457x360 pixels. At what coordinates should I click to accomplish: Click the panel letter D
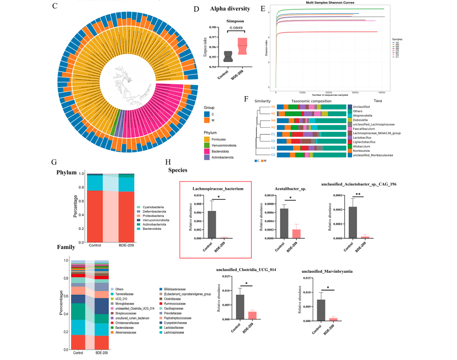point(197,9)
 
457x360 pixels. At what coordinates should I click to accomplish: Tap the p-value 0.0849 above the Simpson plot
point(236,28)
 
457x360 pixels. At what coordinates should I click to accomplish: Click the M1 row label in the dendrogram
point(274,106)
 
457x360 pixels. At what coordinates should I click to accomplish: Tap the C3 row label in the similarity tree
point(274,155)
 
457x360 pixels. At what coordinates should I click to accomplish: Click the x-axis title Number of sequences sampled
point(330,95)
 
